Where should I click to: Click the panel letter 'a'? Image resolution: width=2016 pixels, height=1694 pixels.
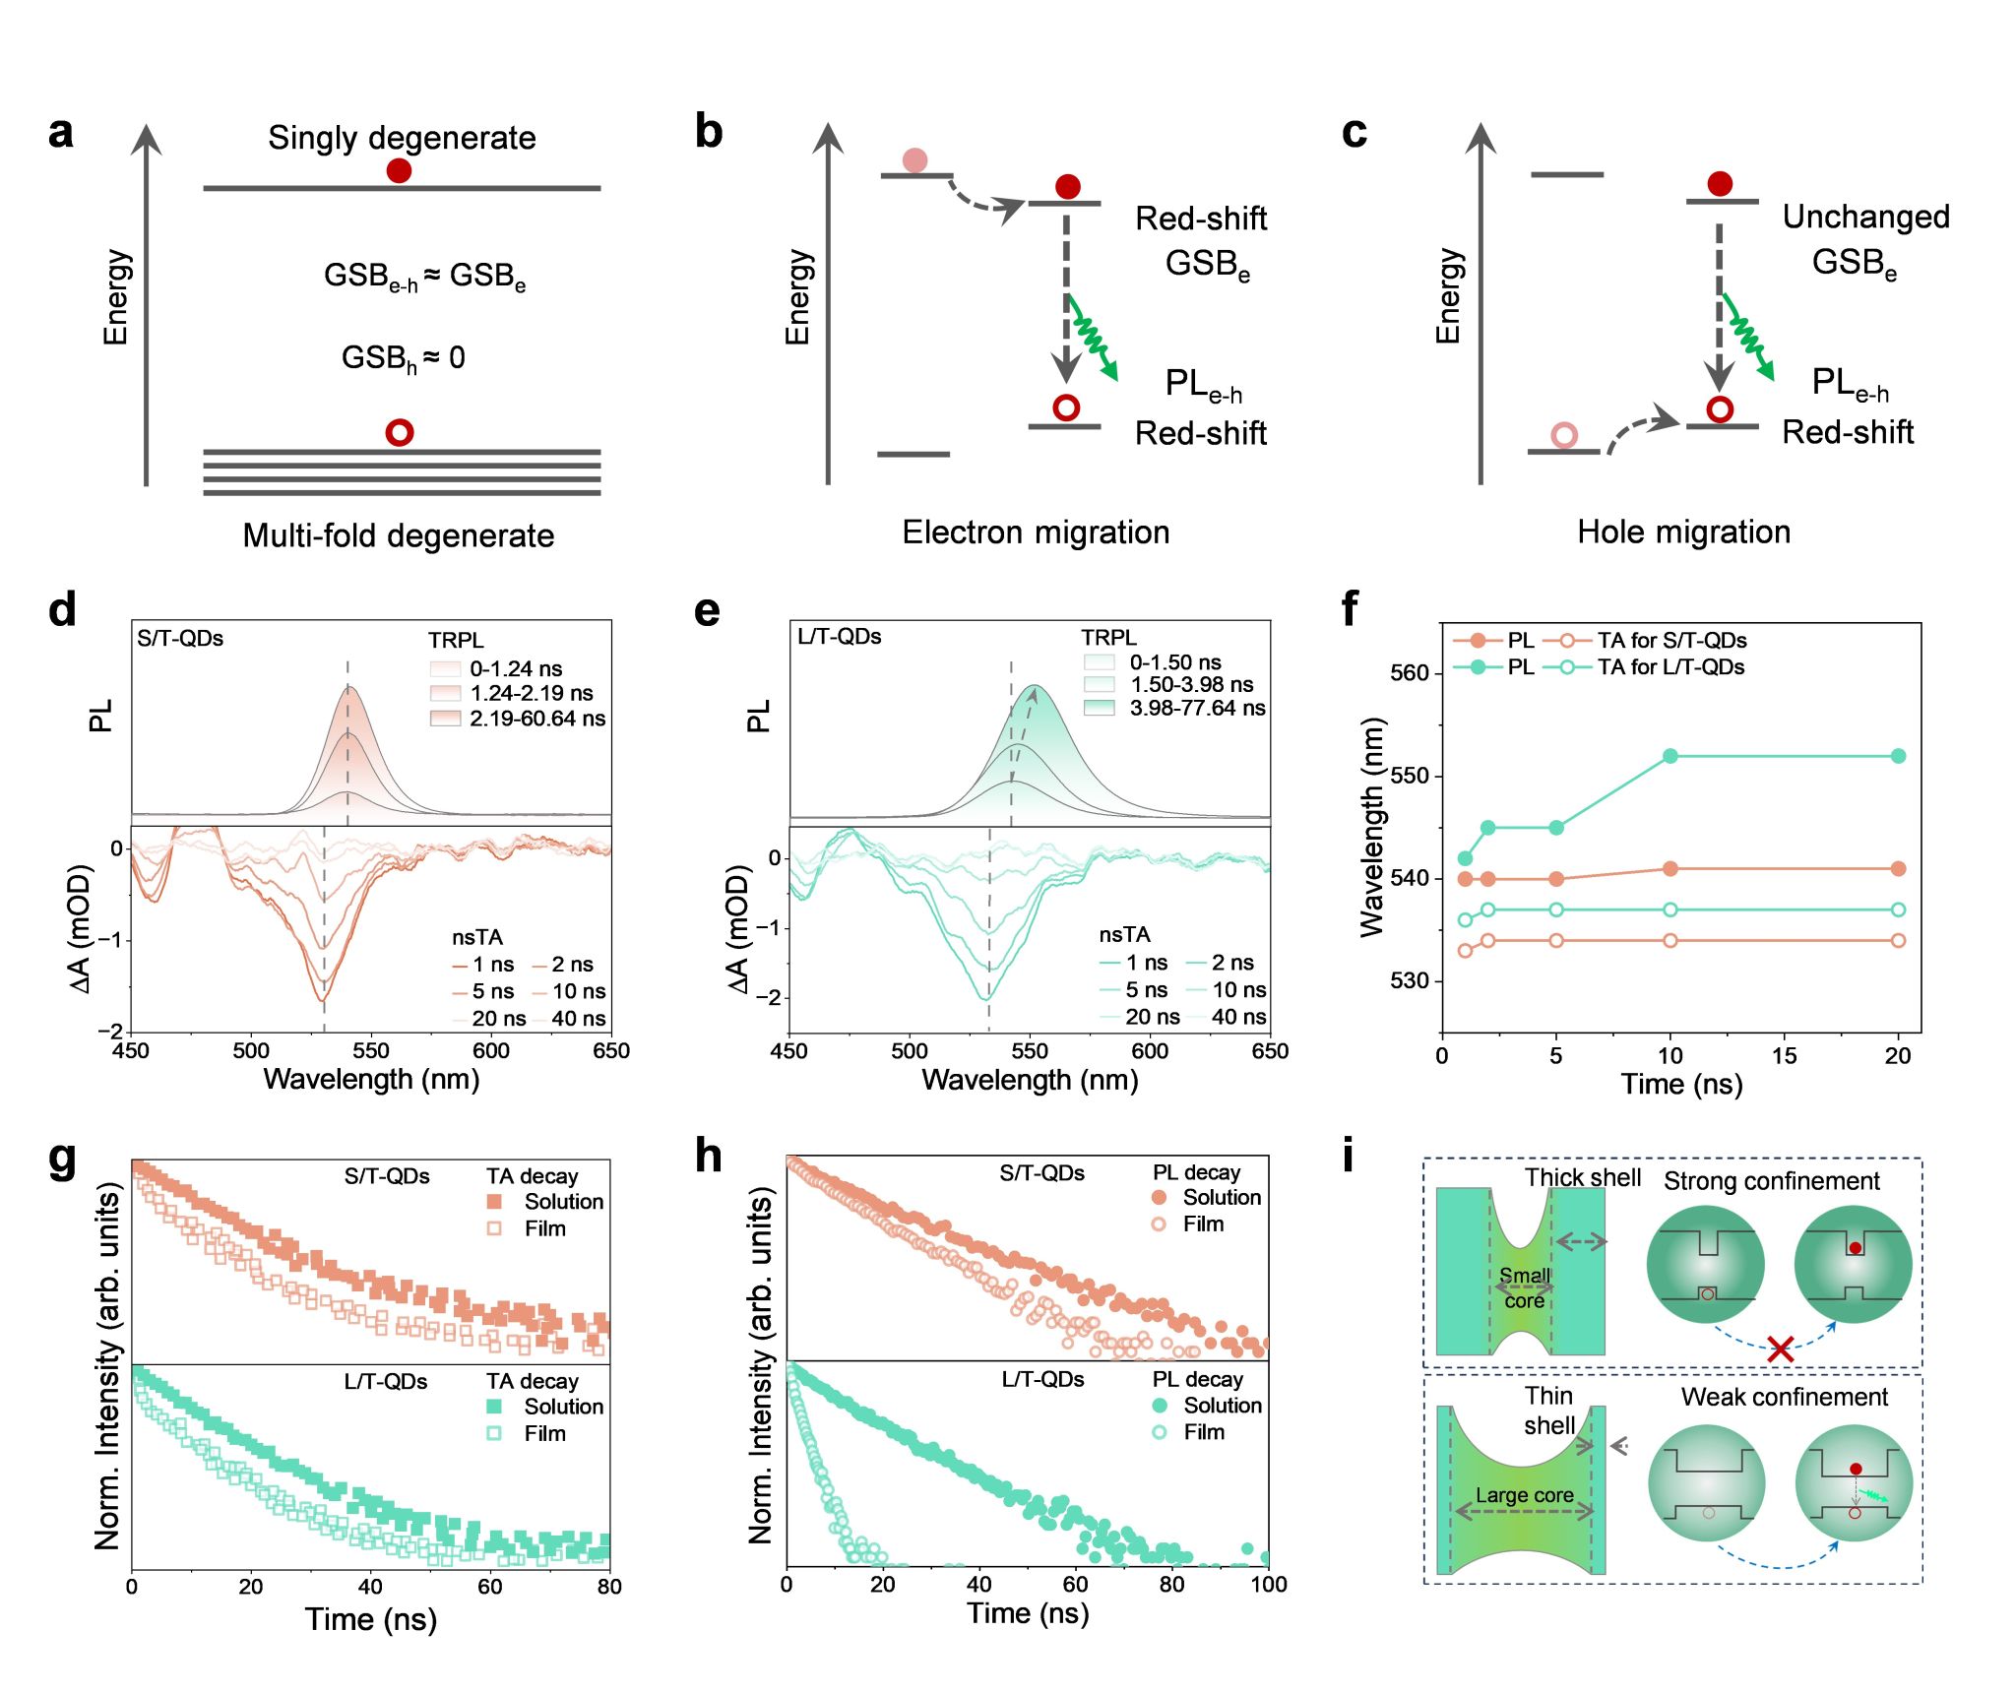click(61, 132)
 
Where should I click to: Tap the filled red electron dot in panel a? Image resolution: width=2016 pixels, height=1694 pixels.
click(399, 171)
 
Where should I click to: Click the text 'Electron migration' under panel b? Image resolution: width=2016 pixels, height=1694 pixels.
click(1036, 533)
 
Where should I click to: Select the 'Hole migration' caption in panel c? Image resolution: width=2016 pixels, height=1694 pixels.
click(1683, 533)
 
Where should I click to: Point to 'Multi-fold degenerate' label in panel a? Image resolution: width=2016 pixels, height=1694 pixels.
click(399, 535)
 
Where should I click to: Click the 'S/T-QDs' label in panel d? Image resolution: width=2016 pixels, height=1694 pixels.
click(180, 639)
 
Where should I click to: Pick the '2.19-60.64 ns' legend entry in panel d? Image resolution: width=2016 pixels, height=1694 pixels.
click(536, 719)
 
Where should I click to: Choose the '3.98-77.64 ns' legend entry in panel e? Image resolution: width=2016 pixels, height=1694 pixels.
click(1197, 708)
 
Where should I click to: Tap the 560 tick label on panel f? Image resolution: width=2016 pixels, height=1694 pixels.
click(1409, 673)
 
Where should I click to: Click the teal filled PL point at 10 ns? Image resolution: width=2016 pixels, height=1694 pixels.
click(1670, 756)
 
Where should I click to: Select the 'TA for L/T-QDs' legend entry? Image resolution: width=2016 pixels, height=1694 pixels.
click(1670, 667)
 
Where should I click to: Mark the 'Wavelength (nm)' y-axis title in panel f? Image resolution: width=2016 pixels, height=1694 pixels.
click(1371, 827)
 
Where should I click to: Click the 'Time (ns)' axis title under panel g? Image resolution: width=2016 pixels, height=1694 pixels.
click(370, 1619)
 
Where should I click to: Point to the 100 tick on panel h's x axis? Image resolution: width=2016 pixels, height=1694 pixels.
click(1268, 1584)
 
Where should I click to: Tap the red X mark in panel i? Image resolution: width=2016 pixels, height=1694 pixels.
click(1780, 1349)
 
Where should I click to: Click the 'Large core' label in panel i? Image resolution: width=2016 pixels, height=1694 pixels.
click(1524, 1495)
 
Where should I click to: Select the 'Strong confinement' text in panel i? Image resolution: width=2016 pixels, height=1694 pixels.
click(1772, 1181)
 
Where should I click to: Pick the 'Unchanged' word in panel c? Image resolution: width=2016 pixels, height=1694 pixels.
click(1865, 217)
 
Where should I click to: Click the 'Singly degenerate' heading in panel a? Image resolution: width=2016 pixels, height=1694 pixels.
click(402, 138)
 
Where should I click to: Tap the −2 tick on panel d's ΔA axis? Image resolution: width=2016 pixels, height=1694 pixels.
click(110, 1031)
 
